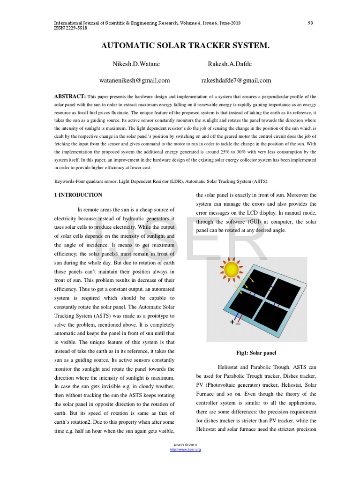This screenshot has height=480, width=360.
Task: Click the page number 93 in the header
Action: pyautogui.click(x=310, y=22)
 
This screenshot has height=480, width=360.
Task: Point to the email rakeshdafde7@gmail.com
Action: pyautogui.click(x=236, y=80)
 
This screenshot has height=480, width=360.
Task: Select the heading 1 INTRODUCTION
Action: pyautogui.click(x=78, y=195)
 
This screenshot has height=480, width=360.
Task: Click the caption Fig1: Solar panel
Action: pyautogui.click(x=256, y=352)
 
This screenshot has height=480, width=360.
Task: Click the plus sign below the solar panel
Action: pyautogui.click(x=232, y=322)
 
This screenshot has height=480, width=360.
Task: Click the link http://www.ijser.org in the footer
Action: pyautogui.click(x=185, y=450)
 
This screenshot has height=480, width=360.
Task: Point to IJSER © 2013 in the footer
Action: pyautogui.click(x=185, y=445)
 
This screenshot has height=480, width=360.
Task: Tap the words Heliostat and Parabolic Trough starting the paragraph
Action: pyautogui.click(x=253, y=367)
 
